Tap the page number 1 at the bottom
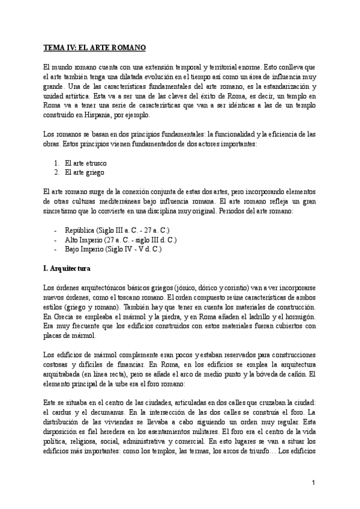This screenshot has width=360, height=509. tap(314, 482)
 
